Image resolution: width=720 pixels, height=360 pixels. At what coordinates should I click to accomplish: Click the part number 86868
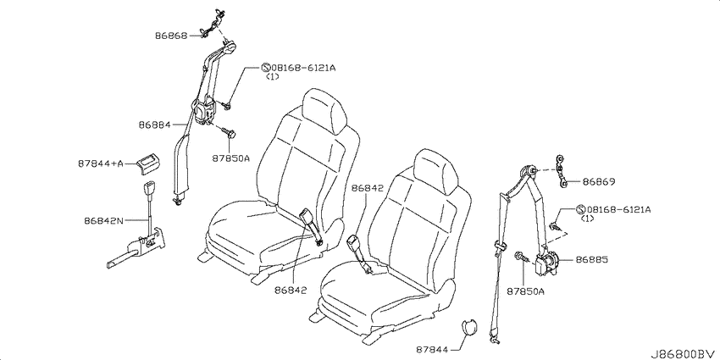tap(171, 35)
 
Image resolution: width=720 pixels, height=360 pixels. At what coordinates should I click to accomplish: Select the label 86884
tap(154, 125)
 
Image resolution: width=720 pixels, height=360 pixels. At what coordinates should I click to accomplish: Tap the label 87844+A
tap(101, 164)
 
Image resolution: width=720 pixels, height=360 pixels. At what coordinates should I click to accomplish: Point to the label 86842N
tap(104, 220)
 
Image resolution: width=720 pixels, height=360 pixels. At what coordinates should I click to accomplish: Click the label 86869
tap(599, 182)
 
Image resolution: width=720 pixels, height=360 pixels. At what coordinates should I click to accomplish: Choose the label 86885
tap(592, 260)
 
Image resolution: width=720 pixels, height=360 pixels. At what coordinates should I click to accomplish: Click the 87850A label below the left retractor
tap(231, 158)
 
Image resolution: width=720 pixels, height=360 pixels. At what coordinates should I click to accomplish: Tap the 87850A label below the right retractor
tap(525, 291)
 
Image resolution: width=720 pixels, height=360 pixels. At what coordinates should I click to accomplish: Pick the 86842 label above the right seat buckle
tap(368, 189)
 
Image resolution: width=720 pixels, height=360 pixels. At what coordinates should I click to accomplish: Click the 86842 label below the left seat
tap(291, 290)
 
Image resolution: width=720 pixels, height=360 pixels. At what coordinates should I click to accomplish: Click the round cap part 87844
tap(468, 330)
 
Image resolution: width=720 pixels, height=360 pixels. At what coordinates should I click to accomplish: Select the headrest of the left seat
tap(324, 112)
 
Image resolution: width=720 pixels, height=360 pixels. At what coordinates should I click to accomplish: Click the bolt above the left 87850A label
tap(228, 133)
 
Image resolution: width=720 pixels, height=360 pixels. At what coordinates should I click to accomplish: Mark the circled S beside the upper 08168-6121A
tap(265, 68)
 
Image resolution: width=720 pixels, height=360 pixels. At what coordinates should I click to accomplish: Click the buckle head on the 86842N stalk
tap(150, 189)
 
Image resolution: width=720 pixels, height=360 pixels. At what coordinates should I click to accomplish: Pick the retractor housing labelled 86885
tap(546, 263)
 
